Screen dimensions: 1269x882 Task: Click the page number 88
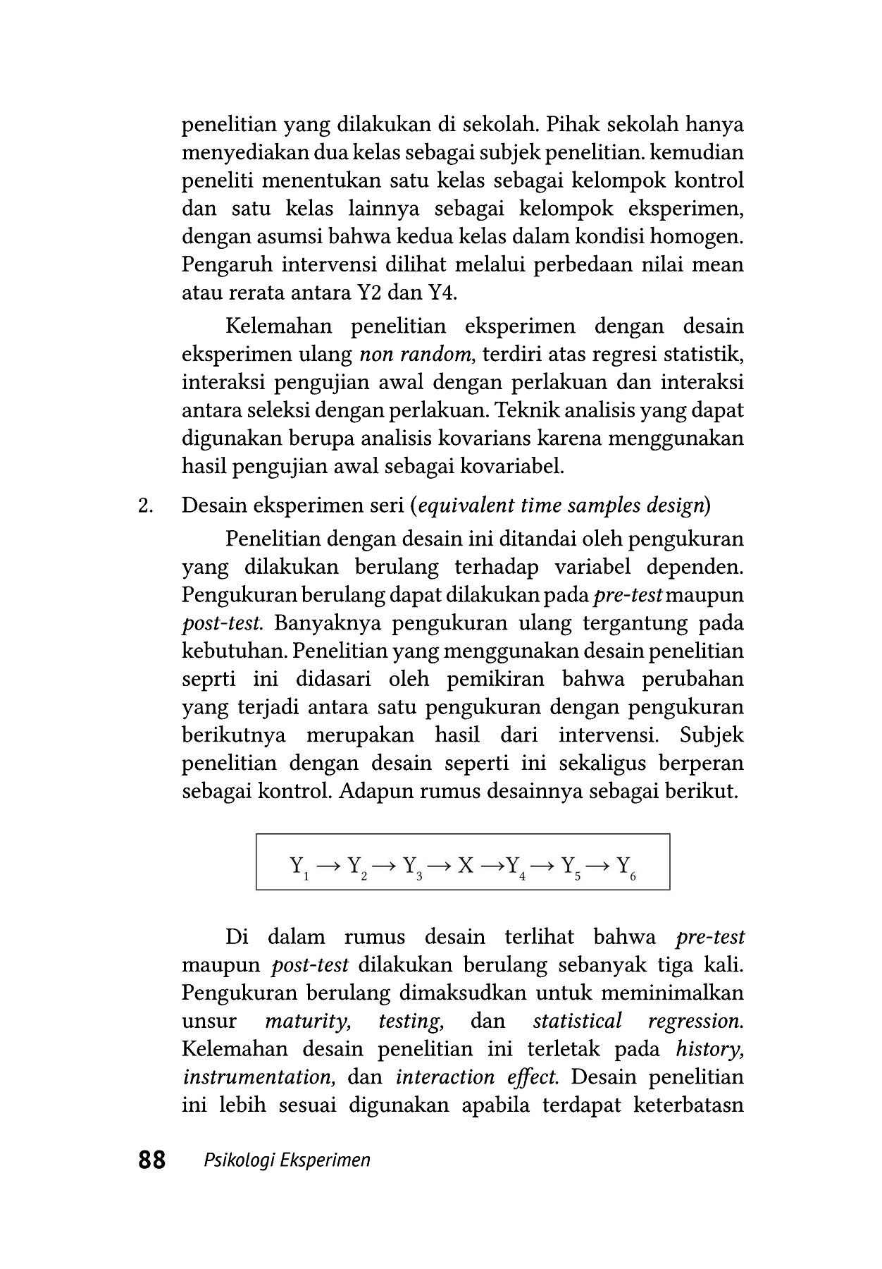[152, 1160]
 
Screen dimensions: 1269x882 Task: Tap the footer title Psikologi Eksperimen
[287, 1160]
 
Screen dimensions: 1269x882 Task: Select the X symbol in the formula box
[466, 864]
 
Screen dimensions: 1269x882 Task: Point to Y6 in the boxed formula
[626, 866]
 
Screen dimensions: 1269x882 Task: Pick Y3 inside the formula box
[411, 866]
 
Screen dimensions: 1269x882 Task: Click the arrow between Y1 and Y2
[329, 864]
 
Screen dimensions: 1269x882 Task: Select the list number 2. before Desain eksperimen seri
[146, 505]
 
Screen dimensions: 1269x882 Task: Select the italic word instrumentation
[256, 1077]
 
